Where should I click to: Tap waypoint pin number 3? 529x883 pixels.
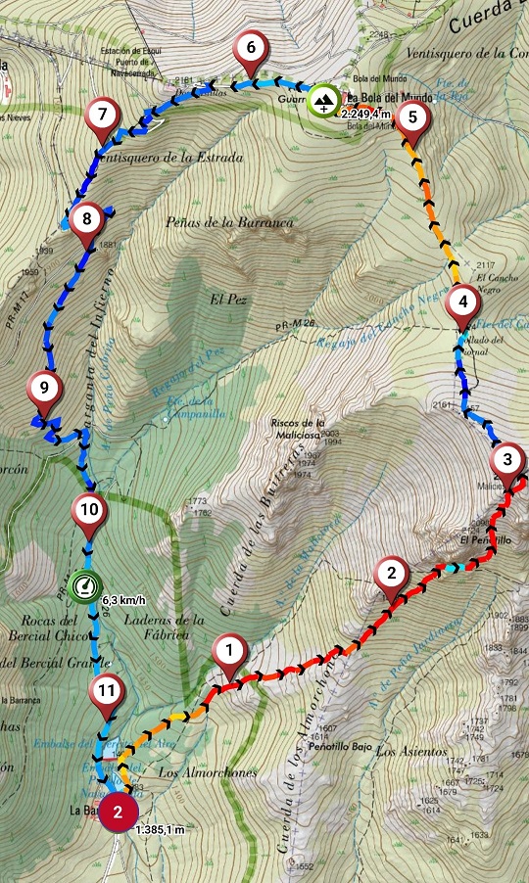click(x=506, y=460)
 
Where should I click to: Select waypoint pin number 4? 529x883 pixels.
click(x=462, y=302)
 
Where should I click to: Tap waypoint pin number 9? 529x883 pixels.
click(x=43, y=388)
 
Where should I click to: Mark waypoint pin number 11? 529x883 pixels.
click(x=107, y=694)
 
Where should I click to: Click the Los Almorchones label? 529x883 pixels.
click(x=209, y=773)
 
